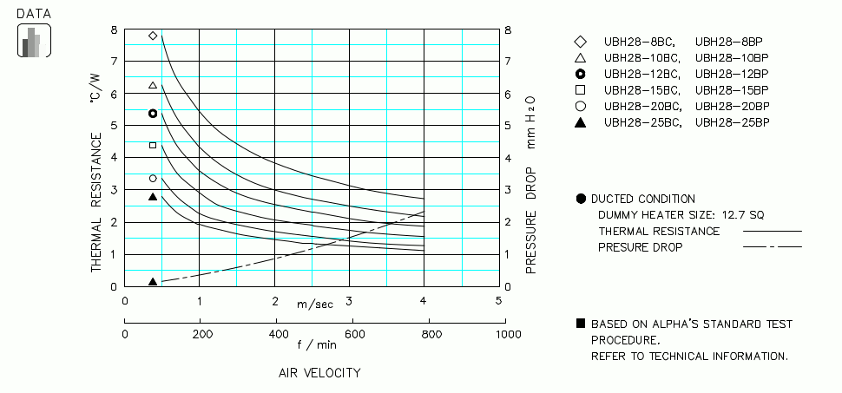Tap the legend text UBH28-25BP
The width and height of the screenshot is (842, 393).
733,122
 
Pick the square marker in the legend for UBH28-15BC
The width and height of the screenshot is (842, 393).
580,90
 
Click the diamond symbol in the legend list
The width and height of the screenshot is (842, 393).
580,42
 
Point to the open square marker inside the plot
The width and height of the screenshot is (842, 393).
153,145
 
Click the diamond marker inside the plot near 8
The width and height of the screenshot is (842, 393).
153,36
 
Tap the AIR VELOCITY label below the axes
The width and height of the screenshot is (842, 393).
319,373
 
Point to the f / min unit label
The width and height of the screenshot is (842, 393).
317,344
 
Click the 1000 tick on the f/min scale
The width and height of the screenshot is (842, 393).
499,334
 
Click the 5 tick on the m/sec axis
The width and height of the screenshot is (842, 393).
499,301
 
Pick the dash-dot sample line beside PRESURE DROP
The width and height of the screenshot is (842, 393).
772,247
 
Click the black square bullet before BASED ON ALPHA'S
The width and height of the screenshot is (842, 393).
580,324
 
